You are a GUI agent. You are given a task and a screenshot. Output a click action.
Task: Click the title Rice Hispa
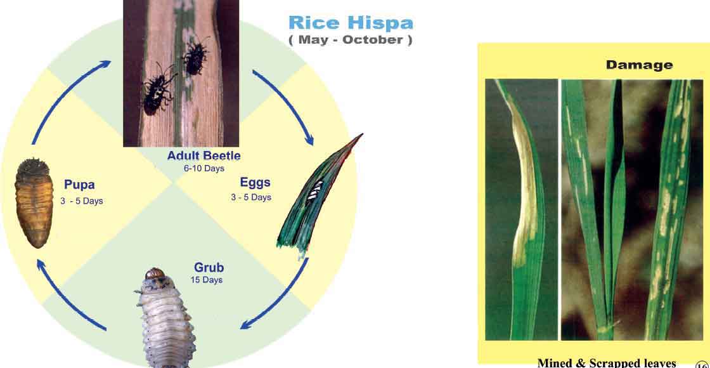pos(351,23)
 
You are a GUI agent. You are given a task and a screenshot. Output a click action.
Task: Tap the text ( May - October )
pos(351,40)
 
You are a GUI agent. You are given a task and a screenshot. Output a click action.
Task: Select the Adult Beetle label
pos(203,156)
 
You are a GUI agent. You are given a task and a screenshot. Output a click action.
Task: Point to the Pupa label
pos(79,185)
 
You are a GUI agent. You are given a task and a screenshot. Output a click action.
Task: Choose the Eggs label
pos(255,183)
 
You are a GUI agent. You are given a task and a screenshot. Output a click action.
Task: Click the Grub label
pos(209,267)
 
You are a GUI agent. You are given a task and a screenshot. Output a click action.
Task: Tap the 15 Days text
pos(207,280)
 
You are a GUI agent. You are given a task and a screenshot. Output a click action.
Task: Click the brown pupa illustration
pos(34,202)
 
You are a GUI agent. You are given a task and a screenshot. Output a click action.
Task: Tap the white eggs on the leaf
pos(314,191)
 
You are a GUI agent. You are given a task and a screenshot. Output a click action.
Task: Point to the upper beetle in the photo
pos(196,57)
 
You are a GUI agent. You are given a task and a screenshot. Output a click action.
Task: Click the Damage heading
pos(640,65)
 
